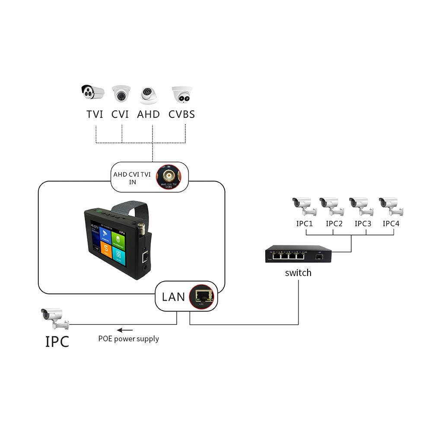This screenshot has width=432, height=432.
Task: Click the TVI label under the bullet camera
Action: point(95,114)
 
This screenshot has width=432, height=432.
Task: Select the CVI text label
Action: point(121,114)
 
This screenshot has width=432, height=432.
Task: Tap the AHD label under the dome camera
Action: point(149,114)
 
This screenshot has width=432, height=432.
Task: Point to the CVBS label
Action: point(181,114)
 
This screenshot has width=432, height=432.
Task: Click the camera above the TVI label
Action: point(93,92)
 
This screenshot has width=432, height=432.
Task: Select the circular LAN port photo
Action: point(202,296)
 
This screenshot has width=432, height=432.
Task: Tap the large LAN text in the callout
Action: point(173,297)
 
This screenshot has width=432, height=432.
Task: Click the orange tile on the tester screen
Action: point(106,250)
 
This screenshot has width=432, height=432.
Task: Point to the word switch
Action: point(298,273)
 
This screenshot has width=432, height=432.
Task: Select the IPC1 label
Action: point(305,224)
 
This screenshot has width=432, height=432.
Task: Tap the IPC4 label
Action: point(391,224)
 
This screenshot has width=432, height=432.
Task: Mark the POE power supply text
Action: point(128,339)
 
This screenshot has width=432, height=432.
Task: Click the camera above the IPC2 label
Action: point(331,206)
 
